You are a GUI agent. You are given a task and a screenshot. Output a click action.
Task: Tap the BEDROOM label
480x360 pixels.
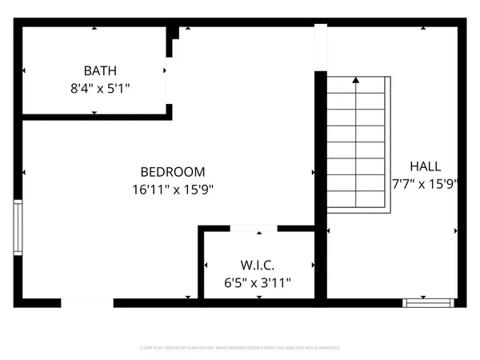[173, 171]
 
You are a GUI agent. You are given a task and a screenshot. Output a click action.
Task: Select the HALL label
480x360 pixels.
[425, 166]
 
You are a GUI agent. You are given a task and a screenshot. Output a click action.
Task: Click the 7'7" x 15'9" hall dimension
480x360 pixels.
[425, 183]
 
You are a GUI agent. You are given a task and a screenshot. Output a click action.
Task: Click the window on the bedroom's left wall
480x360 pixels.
[18, 228]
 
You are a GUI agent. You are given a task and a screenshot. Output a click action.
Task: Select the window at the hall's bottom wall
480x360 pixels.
[429, 302]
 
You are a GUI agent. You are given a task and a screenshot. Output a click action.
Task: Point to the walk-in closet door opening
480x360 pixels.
[254, 229]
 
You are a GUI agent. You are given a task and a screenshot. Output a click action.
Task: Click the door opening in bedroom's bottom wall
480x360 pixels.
[86, 302]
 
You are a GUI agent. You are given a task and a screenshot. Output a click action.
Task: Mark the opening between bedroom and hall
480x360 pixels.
[320, 48]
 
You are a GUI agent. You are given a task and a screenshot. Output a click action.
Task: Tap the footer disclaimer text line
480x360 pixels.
[240, 348]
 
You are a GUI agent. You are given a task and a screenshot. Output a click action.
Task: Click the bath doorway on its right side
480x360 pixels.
[168, 80]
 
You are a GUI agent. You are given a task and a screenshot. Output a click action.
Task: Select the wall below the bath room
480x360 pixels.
[96, 117]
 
